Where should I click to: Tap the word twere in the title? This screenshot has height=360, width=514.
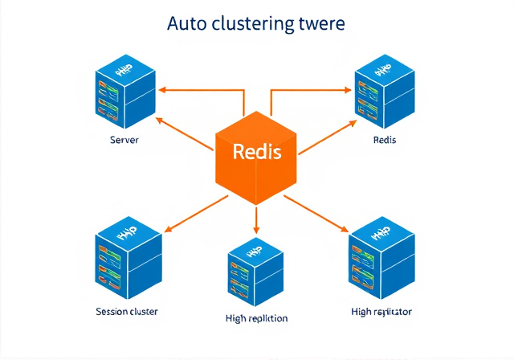pos(324,23)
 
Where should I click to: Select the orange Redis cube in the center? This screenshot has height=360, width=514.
pos(256,157)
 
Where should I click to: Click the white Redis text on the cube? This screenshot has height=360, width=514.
pos(256,151)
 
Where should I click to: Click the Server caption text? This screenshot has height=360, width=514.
pos(124,140)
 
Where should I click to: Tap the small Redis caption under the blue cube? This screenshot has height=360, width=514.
pos(385,140)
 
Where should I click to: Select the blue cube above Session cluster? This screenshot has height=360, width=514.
pos(126,256)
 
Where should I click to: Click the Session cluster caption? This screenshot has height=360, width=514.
pos(126,311)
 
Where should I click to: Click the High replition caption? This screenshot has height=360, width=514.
pos(256,318)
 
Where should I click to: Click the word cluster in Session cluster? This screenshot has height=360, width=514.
pos(141,311)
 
